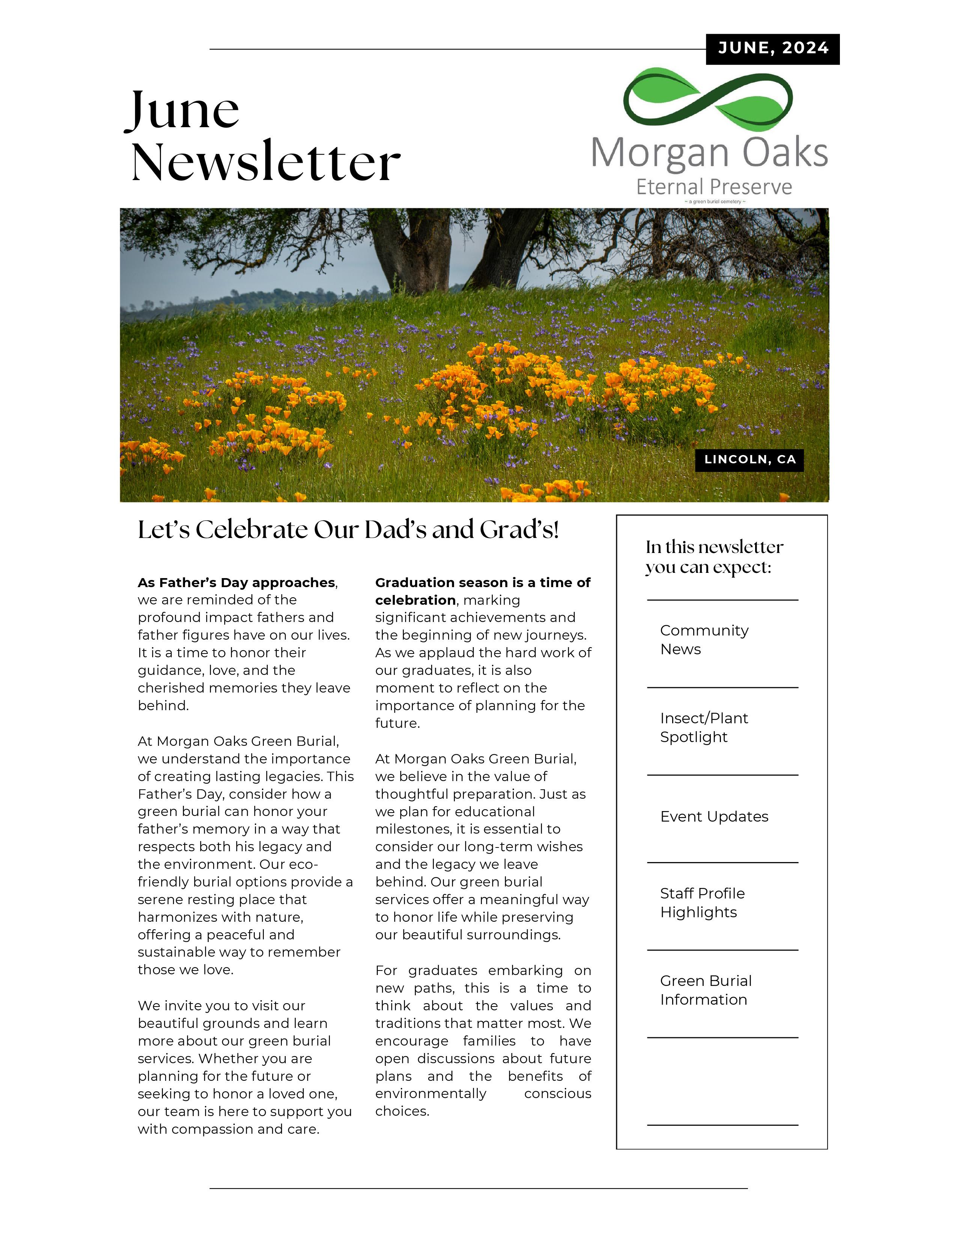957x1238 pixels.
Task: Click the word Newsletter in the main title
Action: coord(265,162)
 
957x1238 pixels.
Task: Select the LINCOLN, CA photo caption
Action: coord(749,460)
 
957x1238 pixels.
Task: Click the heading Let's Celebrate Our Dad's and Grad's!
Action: coord(348,530)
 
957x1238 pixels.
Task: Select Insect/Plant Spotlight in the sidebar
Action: coord(704,727)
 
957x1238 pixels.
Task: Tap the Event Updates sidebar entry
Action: coord(714,817)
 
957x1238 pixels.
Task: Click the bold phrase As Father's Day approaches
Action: coord(236,583)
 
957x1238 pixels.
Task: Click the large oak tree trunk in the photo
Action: coord(417,255)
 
